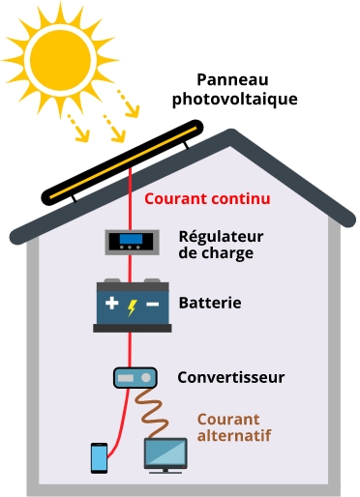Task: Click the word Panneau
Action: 232,80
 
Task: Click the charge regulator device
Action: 130,240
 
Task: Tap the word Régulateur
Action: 221,236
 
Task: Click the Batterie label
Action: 210,304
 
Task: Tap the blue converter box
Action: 131,377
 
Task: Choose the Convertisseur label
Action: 230,377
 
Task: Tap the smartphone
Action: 99,457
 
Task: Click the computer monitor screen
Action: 165,451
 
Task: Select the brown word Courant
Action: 228,420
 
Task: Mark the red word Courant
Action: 172,200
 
